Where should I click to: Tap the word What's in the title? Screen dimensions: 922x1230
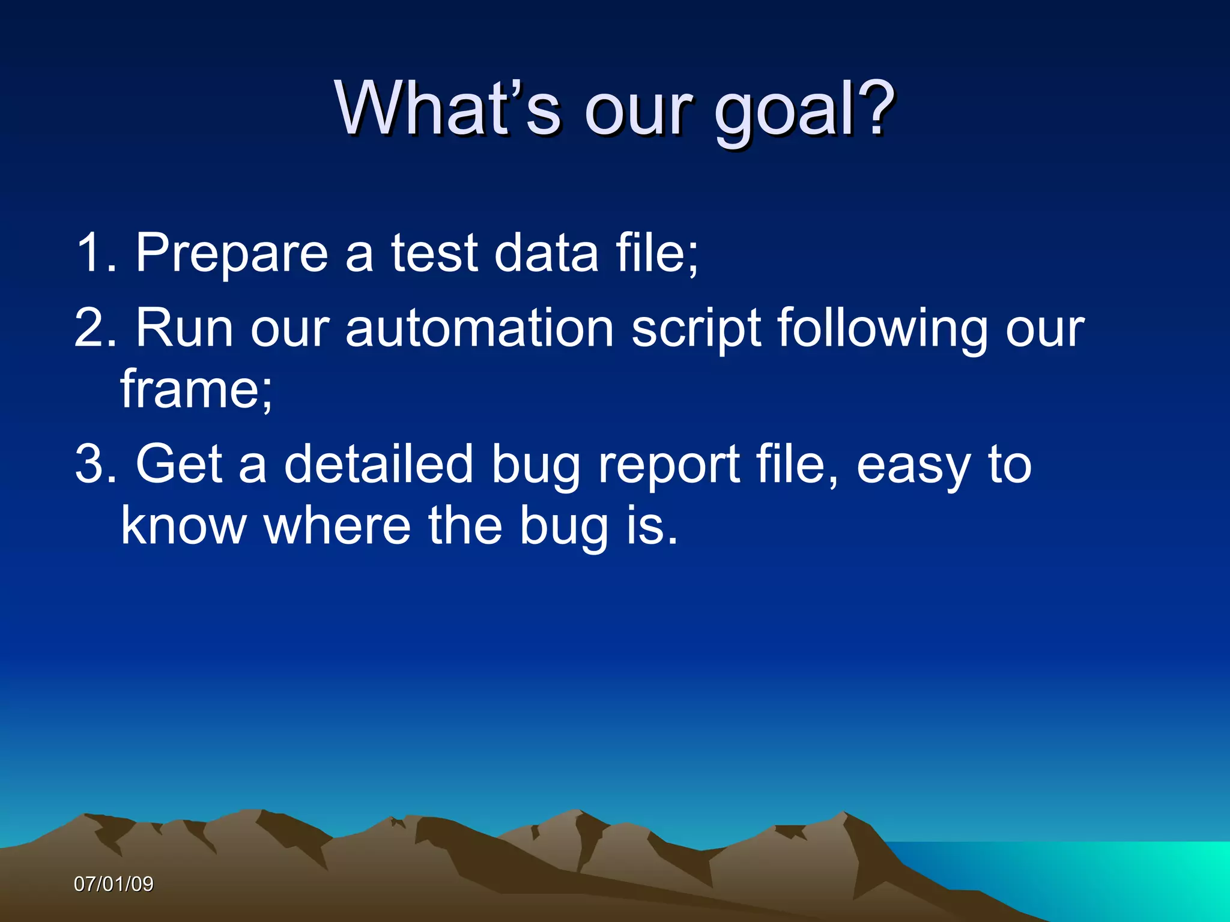pyautogui.click(x=448, y=108)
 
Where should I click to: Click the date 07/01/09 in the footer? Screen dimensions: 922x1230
pyautogui.click(x=114, y=884)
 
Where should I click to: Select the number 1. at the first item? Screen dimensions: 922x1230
pyautogui.click(x=96, y=253)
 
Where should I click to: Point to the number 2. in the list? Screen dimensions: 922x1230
pyautogui.click(x=96, y=328)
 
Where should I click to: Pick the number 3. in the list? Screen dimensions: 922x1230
pyautogui.click(x=96, y=463)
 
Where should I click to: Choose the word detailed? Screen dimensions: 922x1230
pyautogui.click(x=378, y=463)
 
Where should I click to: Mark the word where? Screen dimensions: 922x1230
pyautogui.click(x=337, y=525)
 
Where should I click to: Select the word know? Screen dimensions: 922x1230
pyautogui.click(x=184, y=525)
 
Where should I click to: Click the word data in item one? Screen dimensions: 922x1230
pyautogui.click(x=546, y=253)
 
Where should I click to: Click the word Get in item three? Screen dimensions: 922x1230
pyautogui.click(x=180, y=463)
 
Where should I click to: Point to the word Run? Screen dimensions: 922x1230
pyautogui.click(x=184, y=328)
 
